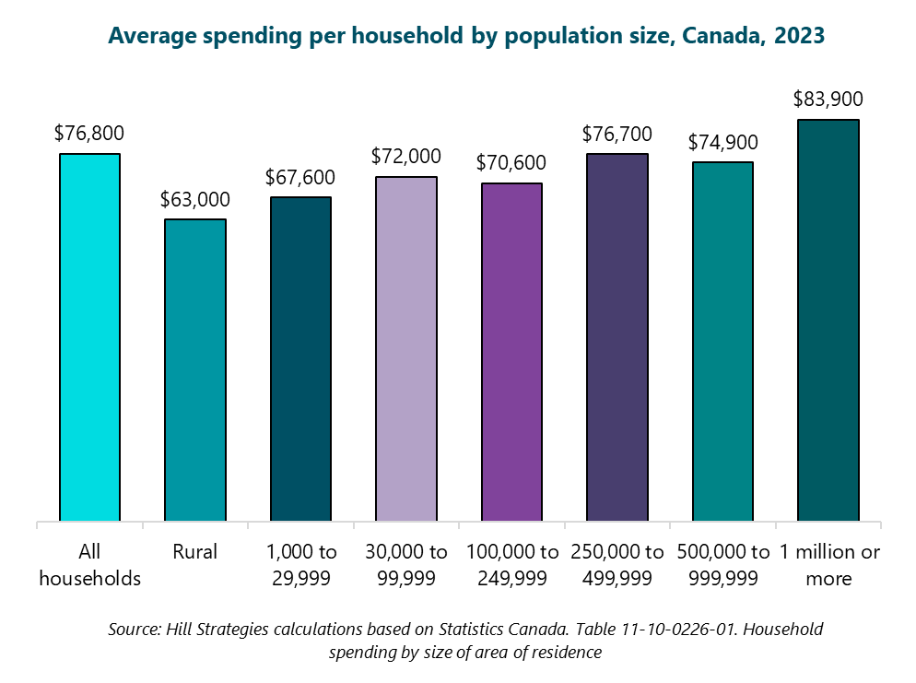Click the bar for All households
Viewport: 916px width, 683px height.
89,337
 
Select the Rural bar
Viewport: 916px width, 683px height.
194,371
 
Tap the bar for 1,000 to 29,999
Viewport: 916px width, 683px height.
300,359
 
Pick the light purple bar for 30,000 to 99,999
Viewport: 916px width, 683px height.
406,349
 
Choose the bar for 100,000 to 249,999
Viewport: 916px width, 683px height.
511,353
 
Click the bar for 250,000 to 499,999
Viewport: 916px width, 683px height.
617,337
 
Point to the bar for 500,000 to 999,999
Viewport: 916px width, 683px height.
722,342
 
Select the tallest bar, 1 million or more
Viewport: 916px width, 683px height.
828,321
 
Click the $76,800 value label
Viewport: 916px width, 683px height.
89,134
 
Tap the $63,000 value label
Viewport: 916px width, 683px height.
194,199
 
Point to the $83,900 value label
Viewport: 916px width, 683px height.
828,100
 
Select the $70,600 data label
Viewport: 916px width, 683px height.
511,163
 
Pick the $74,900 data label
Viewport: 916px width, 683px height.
722,142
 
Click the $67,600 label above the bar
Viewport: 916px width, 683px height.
300,177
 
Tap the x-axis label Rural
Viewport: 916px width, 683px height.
194,552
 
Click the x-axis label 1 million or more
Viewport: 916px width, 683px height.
828,565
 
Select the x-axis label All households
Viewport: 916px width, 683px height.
89,565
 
